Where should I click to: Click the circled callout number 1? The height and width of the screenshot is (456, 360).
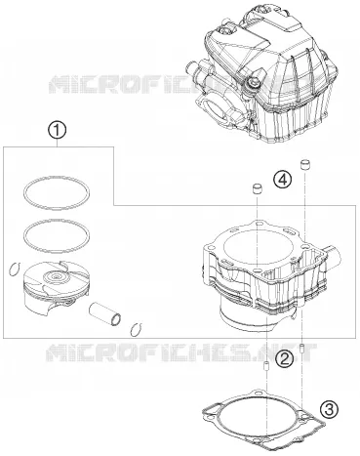pos(58,131)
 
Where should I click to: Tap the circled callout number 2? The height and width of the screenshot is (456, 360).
pos(284,358)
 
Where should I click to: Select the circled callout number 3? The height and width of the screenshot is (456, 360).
pos(329,409)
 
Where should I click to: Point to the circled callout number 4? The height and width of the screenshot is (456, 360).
pos(282,180)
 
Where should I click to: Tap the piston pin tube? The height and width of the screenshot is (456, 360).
pos(105,313)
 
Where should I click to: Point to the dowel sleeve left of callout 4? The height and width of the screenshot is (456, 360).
pos(258,189)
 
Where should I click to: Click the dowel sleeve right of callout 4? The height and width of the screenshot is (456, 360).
pos(304,164)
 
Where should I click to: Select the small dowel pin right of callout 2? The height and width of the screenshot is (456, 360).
pos(302,349)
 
